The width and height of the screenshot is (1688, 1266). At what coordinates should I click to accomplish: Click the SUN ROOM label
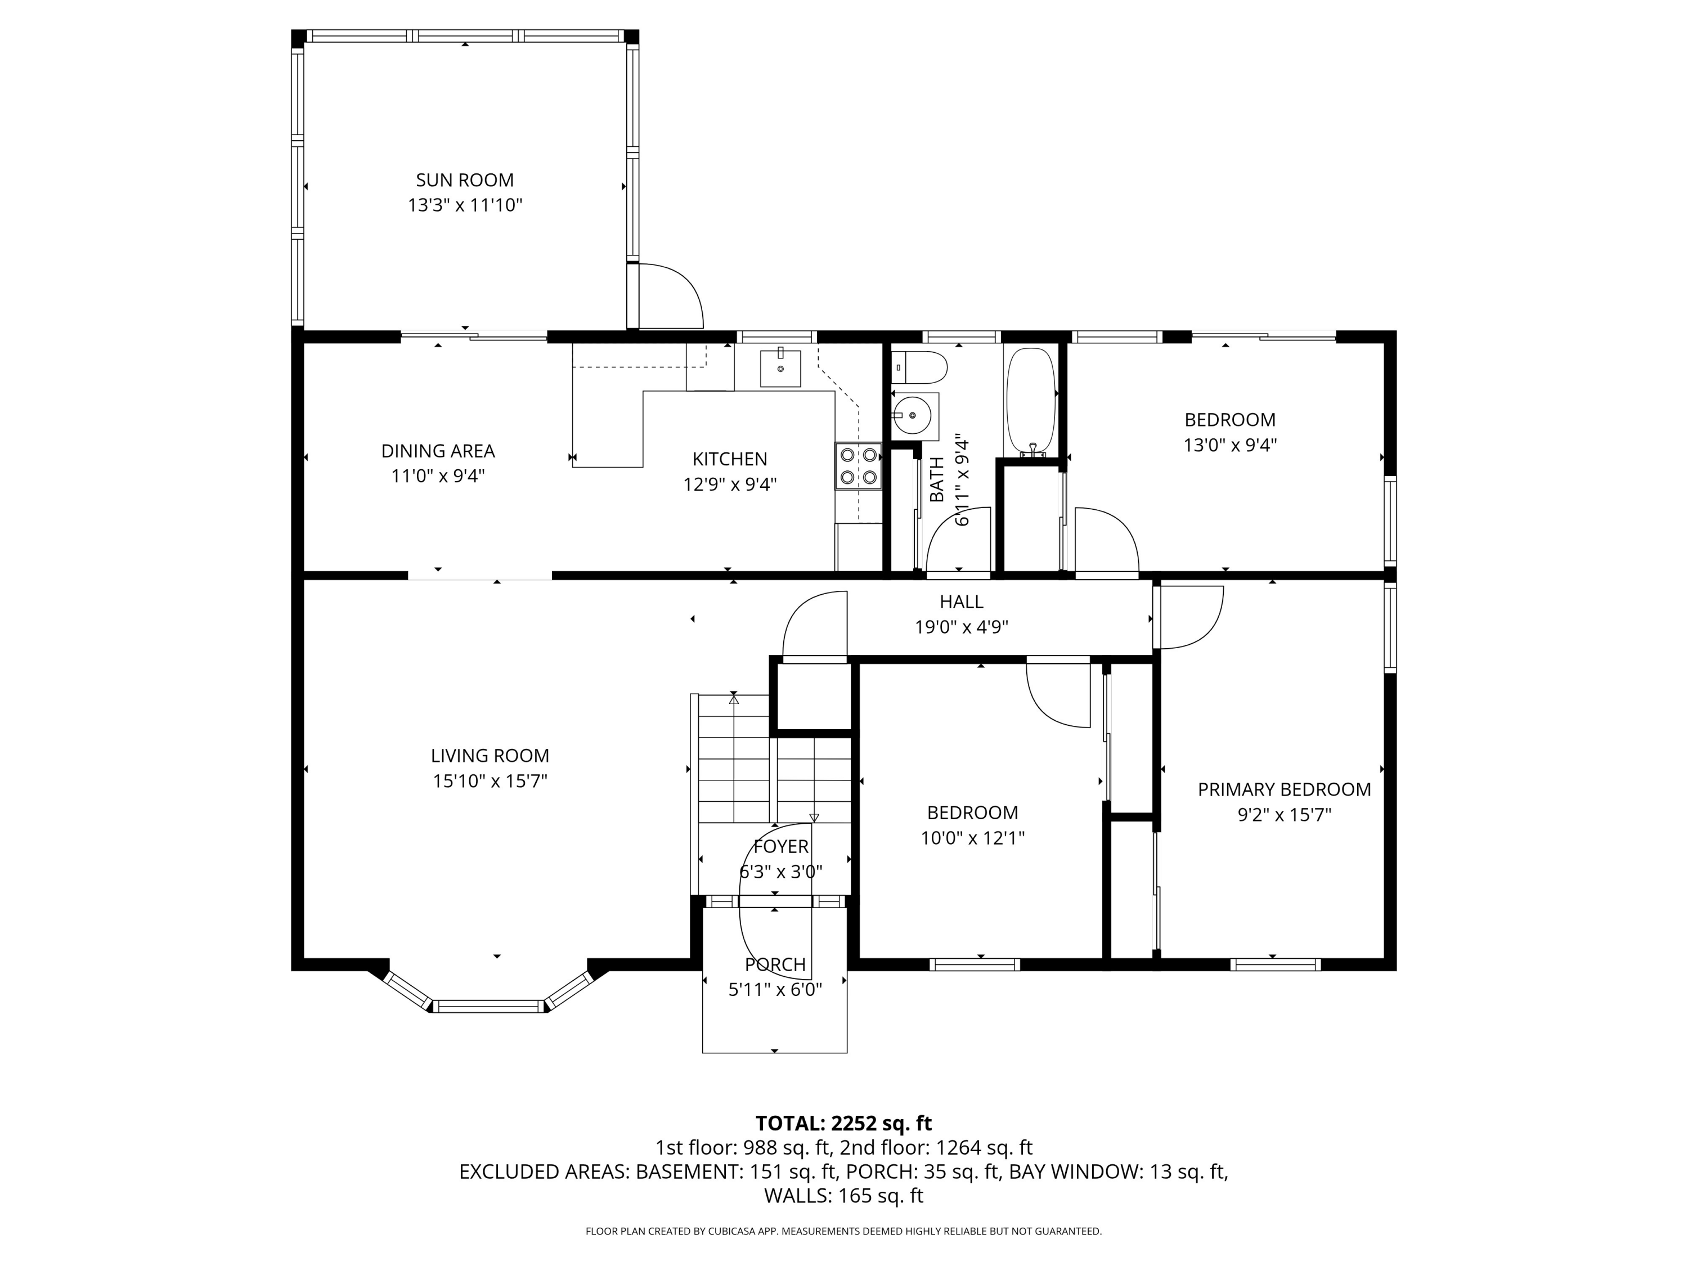pyautogui.click(x=465, y=180)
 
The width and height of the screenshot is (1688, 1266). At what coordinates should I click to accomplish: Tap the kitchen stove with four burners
pyautogui.click(x=858, y=466)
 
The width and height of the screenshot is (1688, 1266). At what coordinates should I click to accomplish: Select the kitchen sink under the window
pyautogui.click(x=780, y=369)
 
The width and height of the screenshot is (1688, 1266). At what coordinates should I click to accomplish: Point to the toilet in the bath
pyautogui.click(x=919, y=368)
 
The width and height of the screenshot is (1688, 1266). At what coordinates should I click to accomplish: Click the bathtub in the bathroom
pyautogui.click(x=1030, y=403)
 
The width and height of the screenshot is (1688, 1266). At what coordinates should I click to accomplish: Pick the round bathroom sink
pyautogui.click(x=913, y=417)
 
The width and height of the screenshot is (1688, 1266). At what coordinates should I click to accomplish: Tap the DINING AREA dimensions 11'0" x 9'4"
pyautogui.click(x=438, y=476)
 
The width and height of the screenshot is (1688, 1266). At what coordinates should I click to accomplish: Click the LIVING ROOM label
pyautogui.click(x=490, y=756)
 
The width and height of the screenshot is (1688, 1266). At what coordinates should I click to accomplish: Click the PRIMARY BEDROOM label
pyautogui.click(x=1283, y=790)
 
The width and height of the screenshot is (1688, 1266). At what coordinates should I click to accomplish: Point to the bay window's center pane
pyautogui.click(x=489, y=1007)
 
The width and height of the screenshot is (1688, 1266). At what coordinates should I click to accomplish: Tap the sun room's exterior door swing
pyautogui.click(x=670, y=296)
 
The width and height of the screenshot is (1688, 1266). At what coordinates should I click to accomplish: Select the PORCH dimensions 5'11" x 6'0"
pyautogui.click(x=775, y=990)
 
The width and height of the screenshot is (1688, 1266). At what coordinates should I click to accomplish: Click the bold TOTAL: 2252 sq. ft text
pyautogui.click(x=843, y=1123)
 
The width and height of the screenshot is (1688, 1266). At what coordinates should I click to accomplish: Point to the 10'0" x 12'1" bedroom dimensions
pyautogui.click(x=972, y=838)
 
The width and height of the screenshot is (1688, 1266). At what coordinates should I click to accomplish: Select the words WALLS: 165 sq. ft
pyautogui.click(x=843, y=1196)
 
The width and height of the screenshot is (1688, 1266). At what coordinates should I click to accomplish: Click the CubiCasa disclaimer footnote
pyautogui.click(x=843, y=1231)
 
